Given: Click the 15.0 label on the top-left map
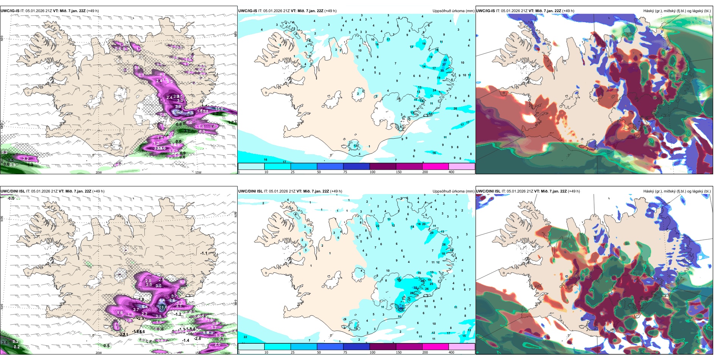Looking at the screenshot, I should click(219, 109).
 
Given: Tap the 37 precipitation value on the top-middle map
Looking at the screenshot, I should click(444, 65).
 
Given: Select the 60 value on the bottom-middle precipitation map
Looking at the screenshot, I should click(401, 309).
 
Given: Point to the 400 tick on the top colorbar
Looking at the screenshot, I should click(451, 172).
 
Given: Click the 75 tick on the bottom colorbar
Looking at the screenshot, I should click(345, 352).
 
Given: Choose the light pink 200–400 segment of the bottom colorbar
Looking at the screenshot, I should click(461, 347).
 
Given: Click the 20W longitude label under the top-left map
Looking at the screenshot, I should click(99, 172).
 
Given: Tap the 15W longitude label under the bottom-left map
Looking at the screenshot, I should click(198, 353).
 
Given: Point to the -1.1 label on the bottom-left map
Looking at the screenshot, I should click(204, 253).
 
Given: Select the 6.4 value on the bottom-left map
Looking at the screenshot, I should click(144, 307).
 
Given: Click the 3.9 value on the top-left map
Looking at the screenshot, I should click(178, 107).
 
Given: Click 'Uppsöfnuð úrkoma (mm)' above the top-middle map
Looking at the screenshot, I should click(453, 11).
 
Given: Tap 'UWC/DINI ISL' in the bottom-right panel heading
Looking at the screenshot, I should click(488, 191).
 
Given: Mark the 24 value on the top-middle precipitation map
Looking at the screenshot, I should click(434, 91).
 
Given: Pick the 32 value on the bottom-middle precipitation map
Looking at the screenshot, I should click(415, 288).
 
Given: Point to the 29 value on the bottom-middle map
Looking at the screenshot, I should click(432, 233).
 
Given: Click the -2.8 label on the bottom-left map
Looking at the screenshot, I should click(197, 338).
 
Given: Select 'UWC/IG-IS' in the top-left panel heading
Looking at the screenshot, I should click(10, 11).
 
